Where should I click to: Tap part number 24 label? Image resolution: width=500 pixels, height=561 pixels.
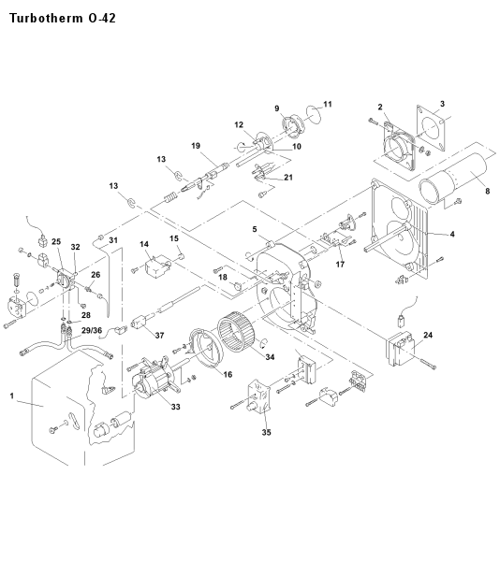pos(428,335)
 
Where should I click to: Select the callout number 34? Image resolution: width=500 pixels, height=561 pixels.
pos(270,357)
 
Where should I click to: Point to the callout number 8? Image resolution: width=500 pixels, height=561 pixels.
pos(488,191)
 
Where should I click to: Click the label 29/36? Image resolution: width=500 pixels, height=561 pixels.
pos(92,330)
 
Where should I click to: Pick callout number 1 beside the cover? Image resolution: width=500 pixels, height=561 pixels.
pos(12,396)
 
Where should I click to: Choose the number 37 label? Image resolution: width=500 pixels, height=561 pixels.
pos(159,336)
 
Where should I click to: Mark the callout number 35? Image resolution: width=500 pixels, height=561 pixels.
pos(266,432)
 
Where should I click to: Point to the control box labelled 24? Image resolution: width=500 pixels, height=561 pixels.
pos(401,349)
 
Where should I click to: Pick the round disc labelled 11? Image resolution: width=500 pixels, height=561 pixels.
pos(315,114)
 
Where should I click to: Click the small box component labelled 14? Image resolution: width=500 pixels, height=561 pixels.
pos(156,266)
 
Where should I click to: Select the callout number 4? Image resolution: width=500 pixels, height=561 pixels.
pos(452,234)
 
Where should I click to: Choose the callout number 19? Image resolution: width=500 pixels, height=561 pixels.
pos(196,146)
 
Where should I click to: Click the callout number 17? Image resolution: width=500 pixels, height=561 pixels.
pos(340,264)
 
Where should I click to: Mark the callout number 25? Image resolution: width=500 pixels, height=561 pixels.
pos(56,241)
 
